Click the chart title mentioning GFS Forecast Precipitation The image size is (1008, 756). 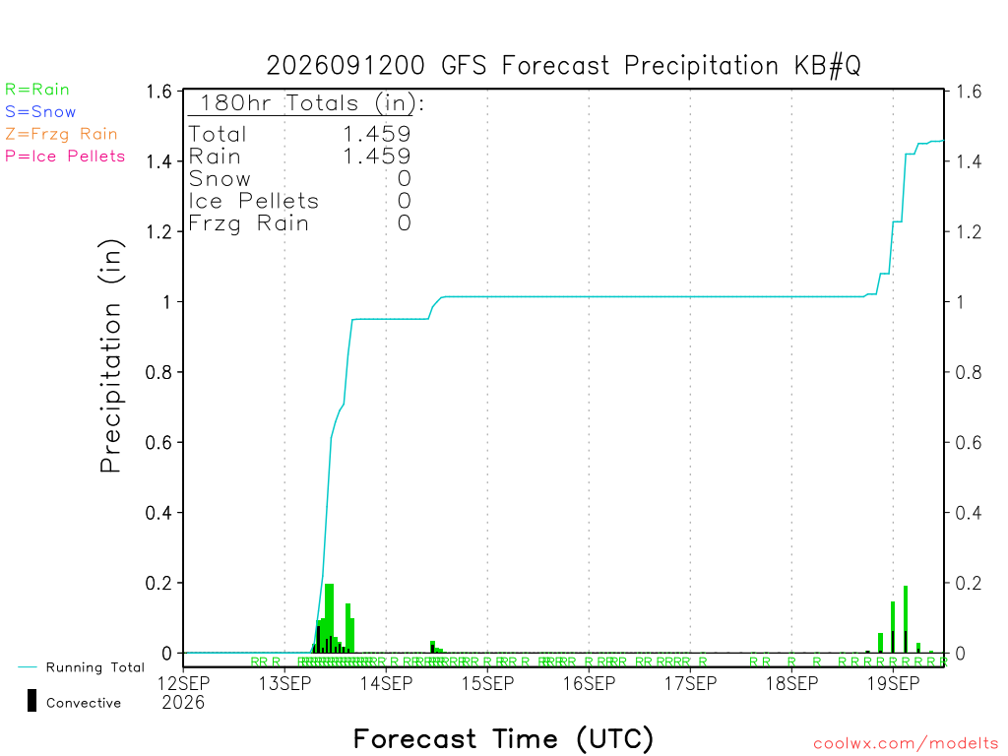563,66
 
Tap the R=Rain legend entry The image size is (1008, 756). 37,90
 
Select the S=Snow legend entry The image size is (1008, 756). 40,112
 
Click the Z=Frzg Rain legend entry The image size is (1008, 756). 62,134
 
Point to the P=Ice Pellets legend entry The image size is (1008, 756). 65,157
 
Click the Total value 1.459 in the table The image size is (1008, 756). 377,134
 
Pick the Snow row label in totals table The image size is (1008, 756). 220,179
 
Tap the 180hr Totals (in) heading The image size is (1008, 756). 312,102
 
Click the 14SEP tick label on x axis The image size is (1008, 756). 386,683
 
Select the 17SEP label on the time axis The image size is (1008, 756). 690,683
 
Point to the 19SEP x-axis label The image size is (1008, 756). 893,683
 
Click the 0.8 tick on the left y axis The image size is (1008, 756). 158,372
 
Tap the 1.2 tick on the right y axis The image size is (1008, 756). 969,231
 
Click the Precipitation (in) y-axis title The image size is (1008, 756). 110,356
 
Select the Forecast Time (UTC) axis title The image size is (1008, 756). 503,738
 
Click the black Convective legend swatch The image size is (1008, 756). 31,701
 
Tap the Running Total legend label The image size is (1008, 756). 95,667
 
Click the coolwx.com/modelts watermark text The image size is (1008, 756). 907,744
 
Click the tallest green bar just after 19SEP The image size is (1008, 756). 906,620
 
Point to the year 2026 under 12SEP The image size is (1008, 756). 183,703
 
